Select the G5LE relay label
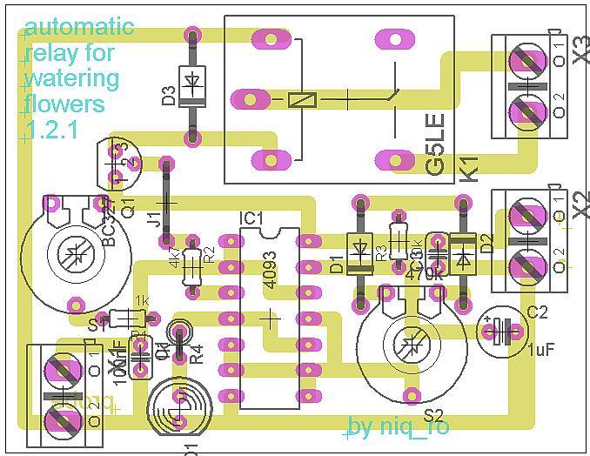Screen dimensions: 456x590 (437, 144)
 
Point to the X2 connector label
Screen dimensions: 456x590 (581, 205)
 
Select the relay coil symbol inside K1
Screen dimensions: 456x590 (302, 99)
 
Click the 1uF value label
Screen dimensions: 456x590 (542, 350)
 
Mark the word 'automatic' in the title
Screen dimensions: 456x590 (79, 27)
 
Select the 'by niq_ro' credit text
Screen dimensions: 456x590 (399, 427)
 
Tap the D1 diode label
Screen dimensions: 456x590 (337, 262)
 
